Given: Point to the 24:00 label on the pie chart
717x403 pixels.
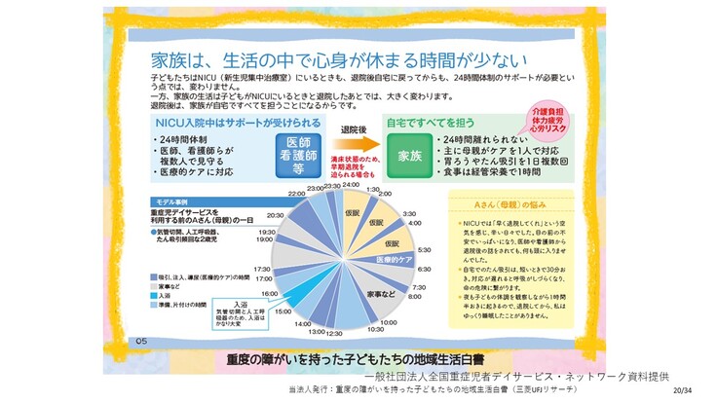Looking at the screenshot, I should [x=351, y=184].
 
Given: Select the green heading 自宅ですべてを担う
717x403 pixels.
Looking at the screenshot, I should [x=432, y=125].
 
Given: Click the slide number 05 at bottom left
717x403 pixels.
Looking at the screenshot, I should [x=142, y=341].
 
